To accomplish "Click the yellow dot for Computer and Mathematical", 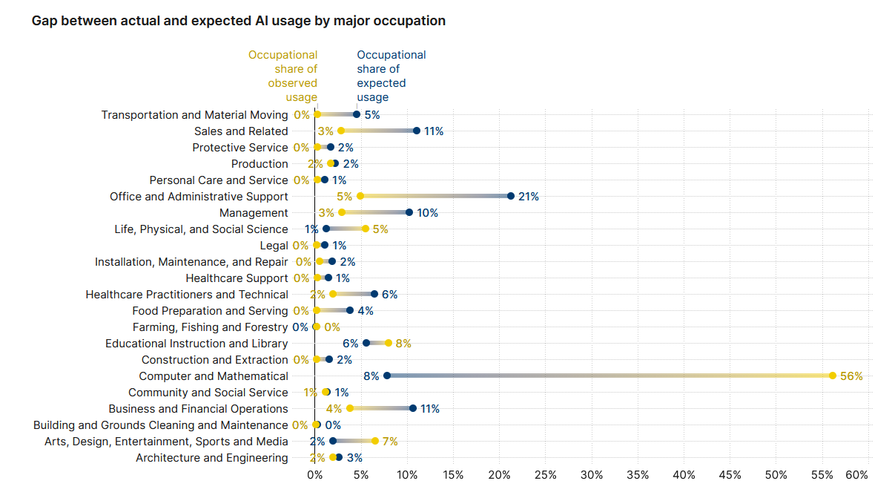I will coord(833,376).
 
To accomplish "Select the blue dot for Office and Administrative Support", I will coord(511,197).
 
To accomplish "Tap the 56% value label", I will coord(851,376).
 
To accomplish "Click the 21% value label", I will coord(529,197).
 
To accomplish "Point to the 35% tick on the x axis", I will coord(638,474).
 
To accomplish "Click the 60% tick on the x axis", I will coord(857,474).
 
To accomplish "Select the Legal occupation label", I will coord(274,246).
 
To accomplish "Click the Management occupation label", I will coord(254,213).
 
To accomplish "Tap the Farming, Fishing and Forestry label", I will coord(210,327).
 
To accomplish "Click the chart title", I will coord(239,21).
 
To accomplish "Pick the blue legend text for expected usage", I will coord(391,76).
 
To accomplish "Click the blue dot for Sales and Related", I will coord(417,131).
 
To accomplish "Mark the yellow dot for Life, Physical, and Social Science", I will coord(366,229).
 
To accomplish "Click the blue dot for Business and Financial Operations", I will coord(413,409).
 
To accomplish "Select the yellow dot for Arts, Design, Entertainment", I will coord(375,442).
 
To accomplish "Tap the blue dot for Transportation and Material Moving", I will coord(357,115).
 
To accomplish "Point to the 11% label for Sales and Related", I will coord(434,131).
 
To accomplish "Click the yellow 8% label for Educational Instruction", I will coord(403,344).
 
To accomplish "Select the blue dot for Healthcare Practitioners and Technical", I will coord(374,295).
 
